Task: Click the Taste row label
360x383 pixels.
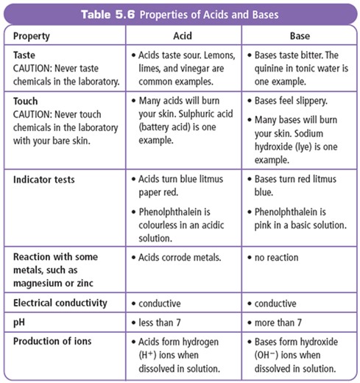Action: (27, 55)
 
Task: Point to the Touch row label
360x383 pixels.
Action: (28, 100)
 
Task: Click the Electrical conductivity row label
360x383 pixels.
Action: (60, 303)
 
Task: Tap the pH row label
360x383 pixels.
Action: (20, 321)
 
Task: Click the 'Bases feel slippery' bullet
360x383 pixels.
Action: (297, 100)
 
